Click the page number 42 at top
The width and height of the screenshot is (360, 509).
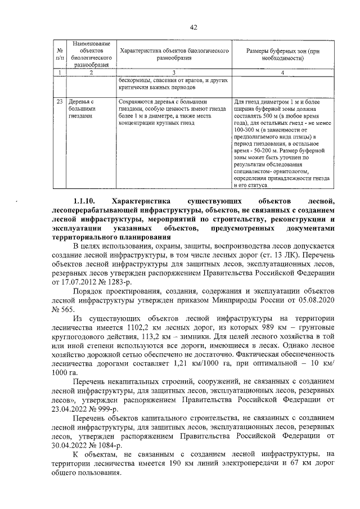tap(193, 27)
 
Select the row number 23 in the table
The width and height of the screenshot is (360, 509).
tap(59, 102)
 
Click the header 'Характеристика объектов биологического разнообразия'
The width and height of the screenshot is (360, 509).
tap(174, 54)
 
